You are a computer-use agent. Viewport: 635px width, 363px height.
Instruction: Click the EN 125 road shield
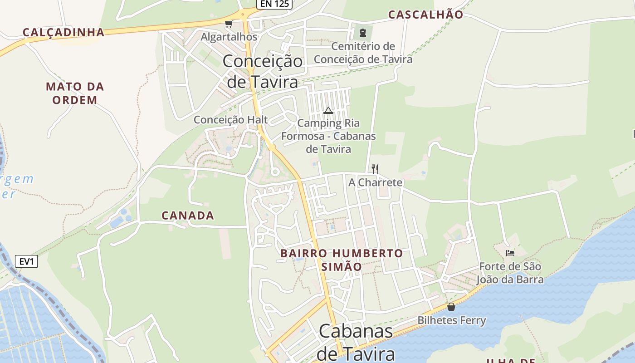[x=274, y=4]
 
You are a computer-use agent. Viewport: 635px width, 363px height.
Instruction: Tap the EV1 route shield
[x=27, y=261]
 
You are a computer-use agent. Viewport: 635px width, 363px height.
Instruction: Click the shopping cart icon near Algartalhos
[x=229, y=24]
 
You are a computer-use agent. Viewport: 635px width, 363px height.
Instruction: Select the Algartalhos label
[x=229, y=37]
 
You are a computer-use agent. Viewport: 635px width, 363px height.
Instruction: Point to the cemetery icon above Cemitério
[x=362, y=33]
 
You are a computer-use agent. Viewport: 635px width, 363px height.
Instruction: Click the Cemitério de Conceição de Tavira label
[x=363, y=53]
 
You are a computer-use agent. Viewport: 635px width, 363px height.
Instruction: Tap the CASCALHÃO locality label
[x=425, y=15]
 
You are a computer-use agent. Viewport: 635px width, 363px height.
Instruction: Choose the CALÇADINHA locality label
[x=63, y=32]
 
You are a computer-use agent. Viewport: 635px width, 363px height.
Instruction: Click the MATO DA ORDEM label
[x=75, y=93]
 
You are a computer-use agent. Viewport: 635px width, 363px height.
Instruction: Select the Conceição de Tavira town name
[x=263, y=71]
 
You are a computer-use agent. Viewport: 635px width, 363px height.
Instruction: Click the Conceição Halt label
[x=231, y=120]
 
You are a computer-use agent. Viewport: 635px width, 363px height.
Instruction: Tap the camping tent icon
[x=328, y=110]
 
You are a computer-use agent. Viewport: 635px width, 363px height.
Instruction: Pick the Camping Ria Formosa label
[x=328, y=136]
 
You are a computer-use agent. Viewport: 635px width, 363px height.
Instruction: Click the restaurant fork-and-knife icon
[x=375, y=169]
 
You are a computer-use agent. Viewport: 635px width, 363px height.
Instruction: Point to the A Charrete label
[x=375, y=182]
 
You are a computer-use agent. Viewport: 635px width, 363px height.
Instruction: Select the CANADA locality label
[x=188, y=216]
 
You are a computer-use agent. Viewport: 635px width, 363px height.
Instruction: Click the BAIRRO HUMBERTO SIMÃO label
[x=342, y=260]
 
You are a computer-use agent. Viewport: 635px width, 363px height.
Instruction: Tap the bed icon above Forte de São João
[x=510, y=253]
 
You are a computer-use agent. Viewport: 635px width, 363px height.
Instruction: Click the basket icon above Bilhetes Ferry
[x=451, y=307]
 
